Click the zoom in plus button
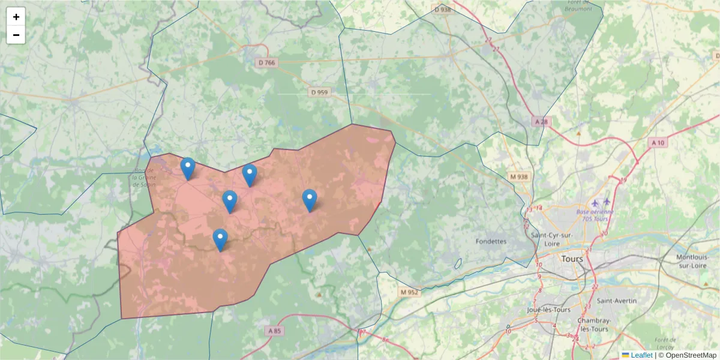point(16,17)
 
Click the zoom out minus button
point(16,35)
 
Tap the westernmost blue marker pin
point(188,169)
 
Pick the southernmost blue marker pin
point(220,240)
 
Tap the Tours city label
point(572,259)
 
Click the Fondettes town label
point(491,241)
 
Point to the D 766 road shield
point(267,62)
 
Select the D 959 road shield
point(320,92)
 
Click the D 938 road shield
point(442,10)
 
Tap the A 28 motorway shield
point(541,122)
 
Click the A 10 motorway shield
point(658,143)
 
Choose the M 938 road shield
point(518,177)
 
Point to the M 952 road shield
point(409,292)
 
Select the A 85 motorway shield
point(274,331)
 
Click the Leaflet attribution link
point(641,355)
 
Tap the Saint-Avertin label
point(615,301)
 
